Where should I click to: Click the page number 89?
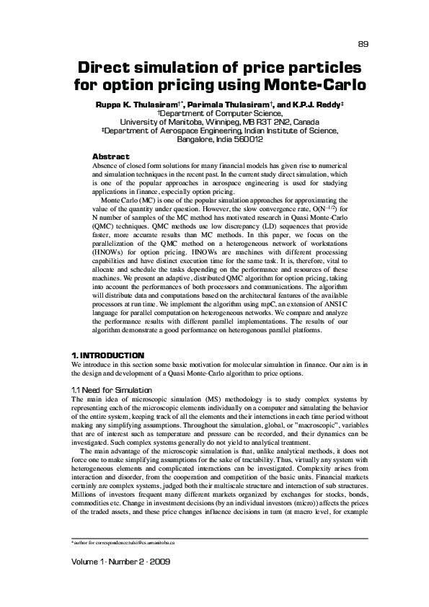(363, 44)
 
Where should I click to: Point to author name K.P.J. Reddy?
(313, 105)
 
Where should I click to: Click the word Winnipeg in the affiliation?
(225, 122)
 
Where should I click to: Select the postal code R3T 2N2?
(274, 122)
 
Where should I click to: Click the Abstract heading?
(111, 156)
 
